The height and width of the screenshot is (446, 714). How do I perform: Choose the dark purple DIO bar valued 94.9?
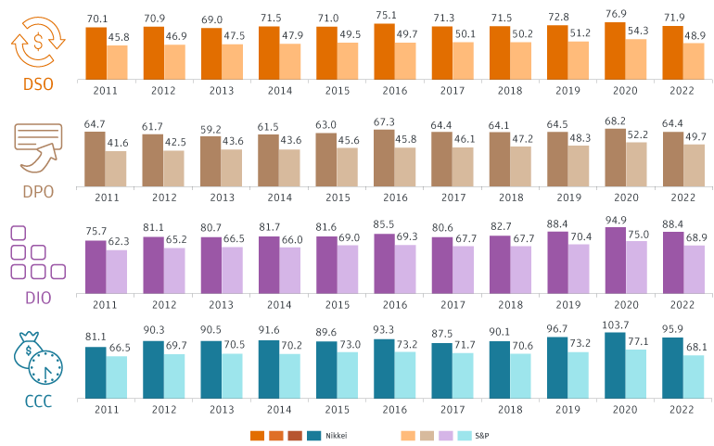point(615,260)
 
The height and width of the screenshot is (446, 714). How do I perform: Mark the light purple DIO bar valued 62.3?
point(118,271)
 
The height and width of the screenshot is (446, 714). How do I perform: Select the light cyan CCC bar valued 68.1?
point(694,376)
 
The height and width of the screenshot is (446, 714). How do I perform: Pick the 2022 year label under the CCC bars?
point(682,407)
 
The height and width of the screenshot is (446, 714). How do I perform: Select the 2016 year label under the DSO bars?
point(395,90)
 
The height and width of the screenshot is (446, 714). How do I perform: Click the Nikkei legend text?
point(336,434)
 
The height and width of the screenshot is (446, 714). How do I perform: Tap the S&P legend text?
point(482,434)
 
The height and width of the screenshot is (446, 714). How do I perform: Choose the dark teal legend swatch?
point(314,434)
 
